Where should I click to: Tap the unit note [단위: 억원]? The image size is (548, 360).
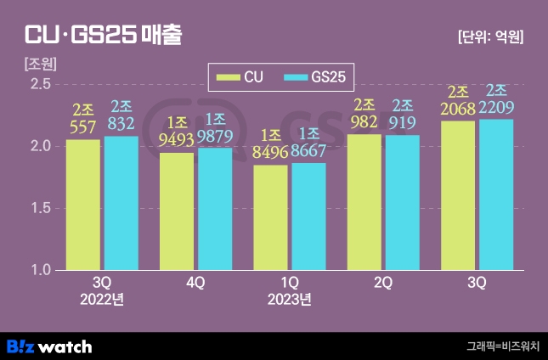489,37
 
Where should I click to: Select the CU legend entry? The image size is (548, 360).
241,77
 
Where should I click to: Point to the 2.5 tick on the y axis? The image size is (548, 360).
41,83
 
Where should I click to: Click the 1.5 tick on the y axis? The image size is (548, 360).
41,208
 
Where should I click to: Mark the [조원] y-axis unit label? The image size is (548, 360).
40,64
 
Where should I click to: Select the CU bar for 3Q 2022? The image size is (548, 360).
83,204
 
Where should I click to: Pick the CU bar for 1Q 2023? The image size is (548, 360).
270,217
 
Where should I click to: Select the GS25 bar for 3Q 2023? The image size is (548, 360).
495,194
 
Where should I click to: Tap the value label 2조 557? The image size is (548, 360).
83,117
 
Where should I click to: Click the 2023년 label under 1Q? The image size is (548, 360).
289,299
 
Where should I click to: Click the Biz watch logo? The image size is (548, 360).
49,346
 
